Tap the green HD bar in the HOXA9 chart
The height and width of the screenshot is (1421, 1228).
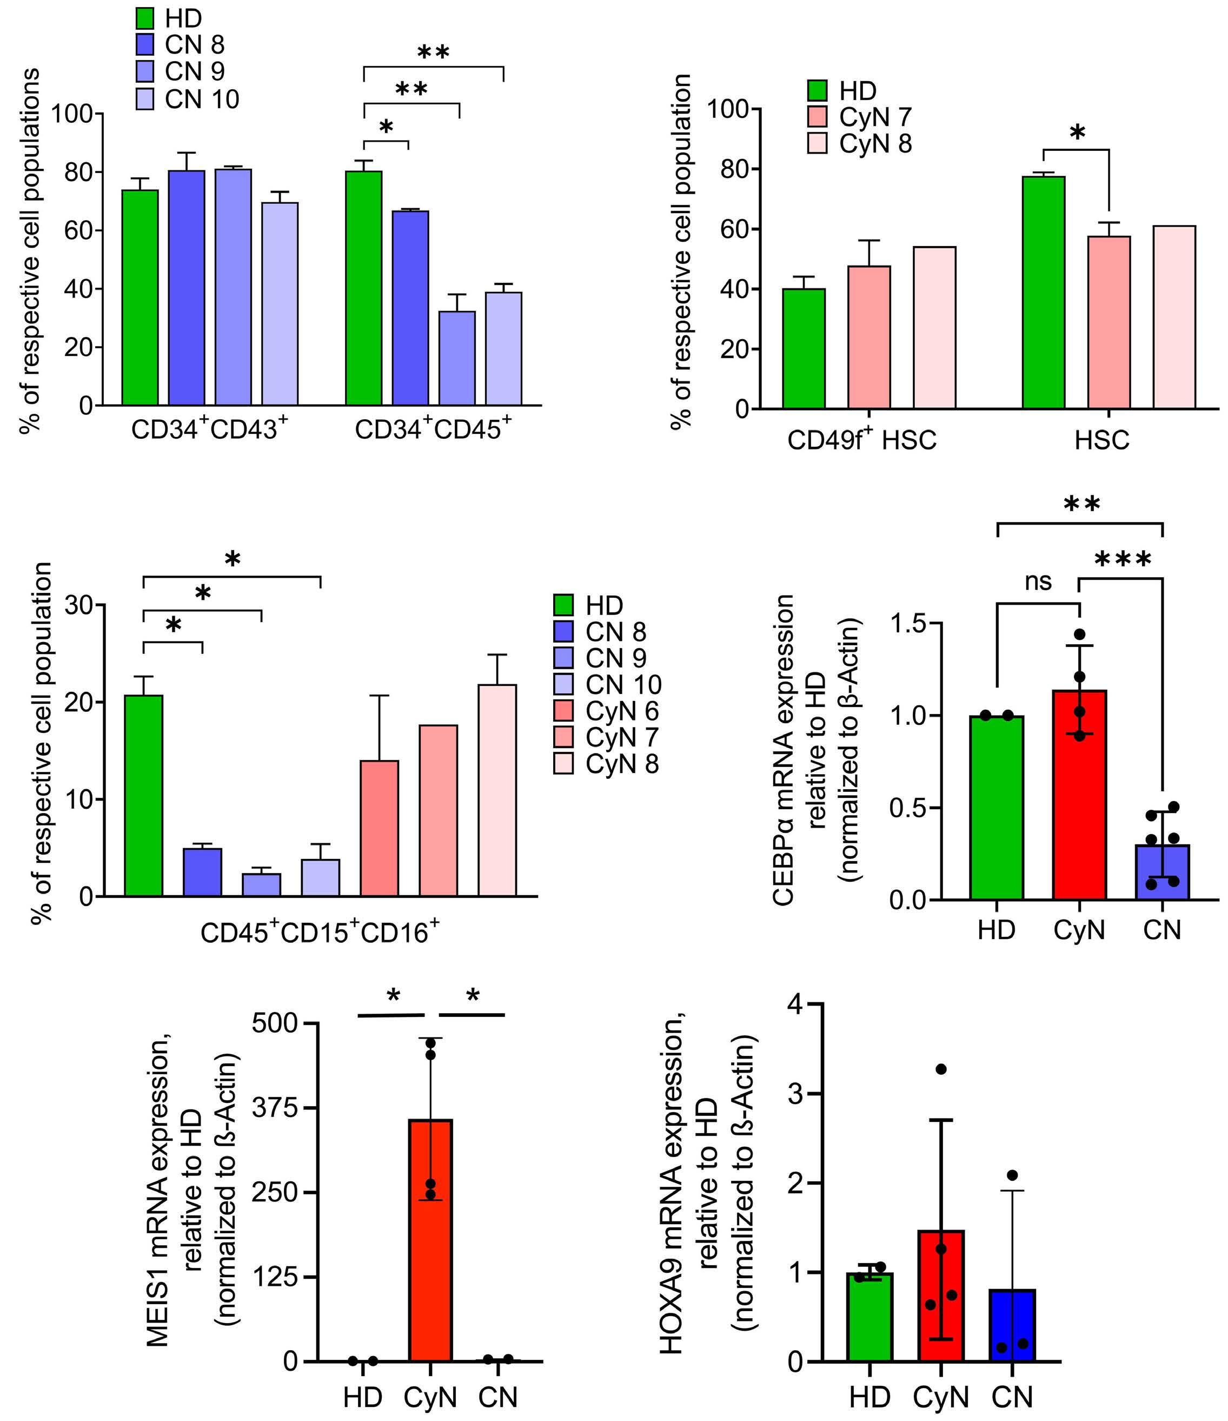[869, 1317]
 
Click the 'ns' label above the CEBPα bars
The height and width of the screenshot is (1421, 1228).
[1038, 582]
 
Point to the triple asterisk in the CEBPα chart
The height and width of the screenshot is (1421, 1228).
[1123, 560]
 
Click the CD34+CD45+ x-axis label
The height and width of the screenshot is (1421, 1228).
[433, 430]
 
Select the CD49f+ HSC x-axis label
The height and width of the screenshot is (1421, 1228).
[862, 440]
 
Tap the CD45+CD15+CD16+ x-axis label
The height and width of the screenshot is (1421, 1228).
[320, 933]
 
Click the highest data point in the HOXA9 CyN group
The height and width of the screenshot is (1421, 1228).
[941, 1069]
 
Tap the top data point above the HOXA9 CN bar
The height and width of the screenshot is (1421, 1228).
[1013, 1175]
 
